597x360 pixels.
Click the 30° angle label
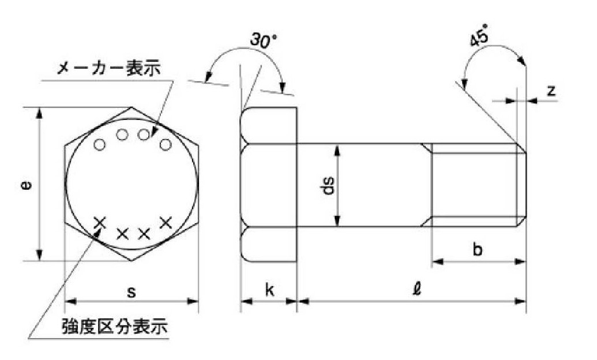[x=262, y=40]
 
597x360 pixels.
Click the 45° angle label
[x=479, y=35]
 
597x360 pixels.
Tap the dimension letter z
[x=551, y=91]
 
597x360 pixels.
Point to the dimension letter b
[x=478, y=249]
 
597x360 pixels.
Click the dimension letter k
[x=269, y=290]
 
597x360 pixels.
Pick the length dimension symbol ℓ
[x=417, y=289]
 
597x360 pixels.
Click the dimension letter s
[x=131, y=292]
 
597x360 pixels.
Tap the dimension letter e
[x=26, y=186]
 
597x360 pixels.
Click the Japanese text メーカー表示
[x=109, y=69]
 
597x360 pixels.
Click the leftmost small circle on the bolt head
[x=100, y=145]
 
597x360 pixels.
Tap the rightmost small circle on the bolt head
[x=165, y=145]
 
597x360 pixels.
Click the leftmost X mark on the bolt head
[x=100, y=223]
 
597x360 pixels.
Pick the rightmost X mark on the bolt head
[x=166, y=223]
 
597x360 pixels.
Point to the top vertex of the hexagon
[x=132, y=107]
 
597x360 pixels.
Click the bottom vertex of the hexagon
[x=132, y=261]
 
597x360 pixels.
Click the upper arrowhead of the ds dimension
[x=337, y=150]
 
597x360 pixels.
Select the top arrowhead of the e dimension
[x=39, y=114]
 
